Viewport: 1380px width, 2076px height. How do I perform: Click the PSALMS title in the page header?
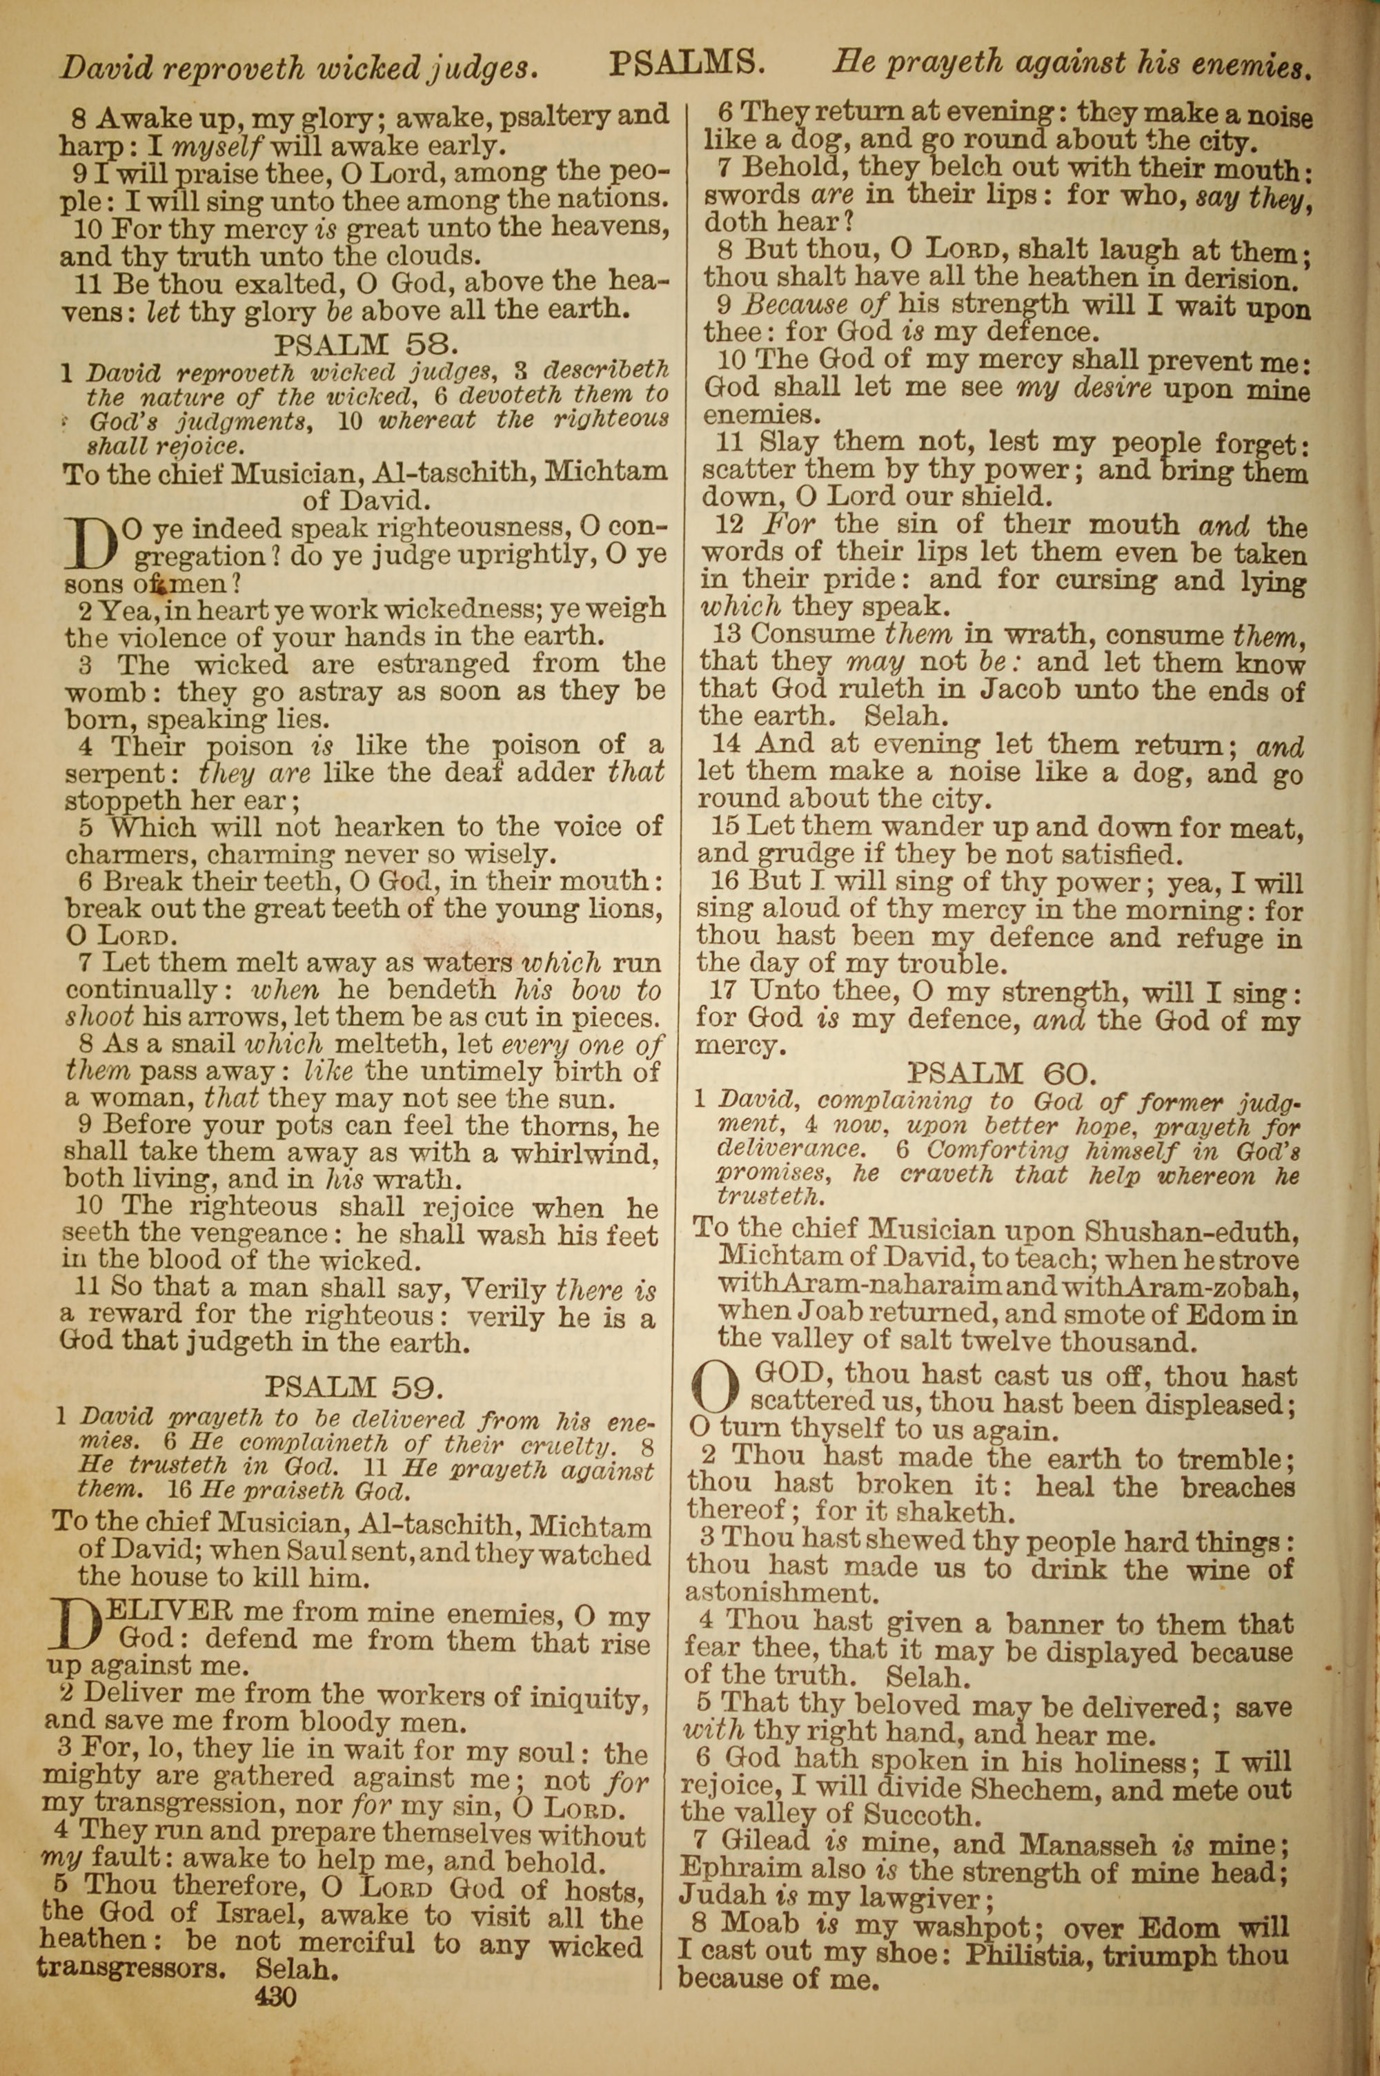click(687, 64)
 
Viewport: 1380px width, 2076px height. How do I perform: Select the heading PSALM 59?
click(352, 1388)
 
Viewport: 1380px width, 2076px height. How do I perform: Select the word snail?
click(197, 1045)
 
